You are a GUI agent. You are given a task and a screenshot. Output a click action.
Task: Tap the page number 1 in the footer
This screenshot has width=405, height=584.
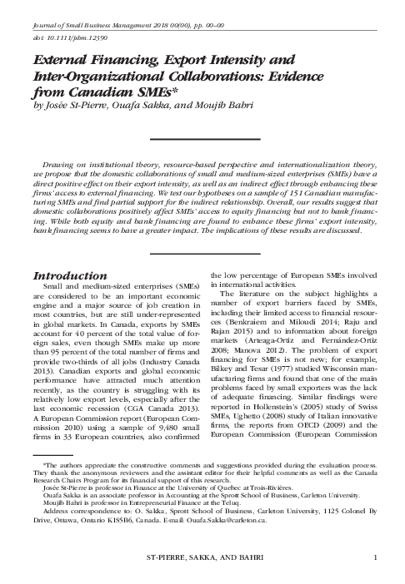377,557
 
